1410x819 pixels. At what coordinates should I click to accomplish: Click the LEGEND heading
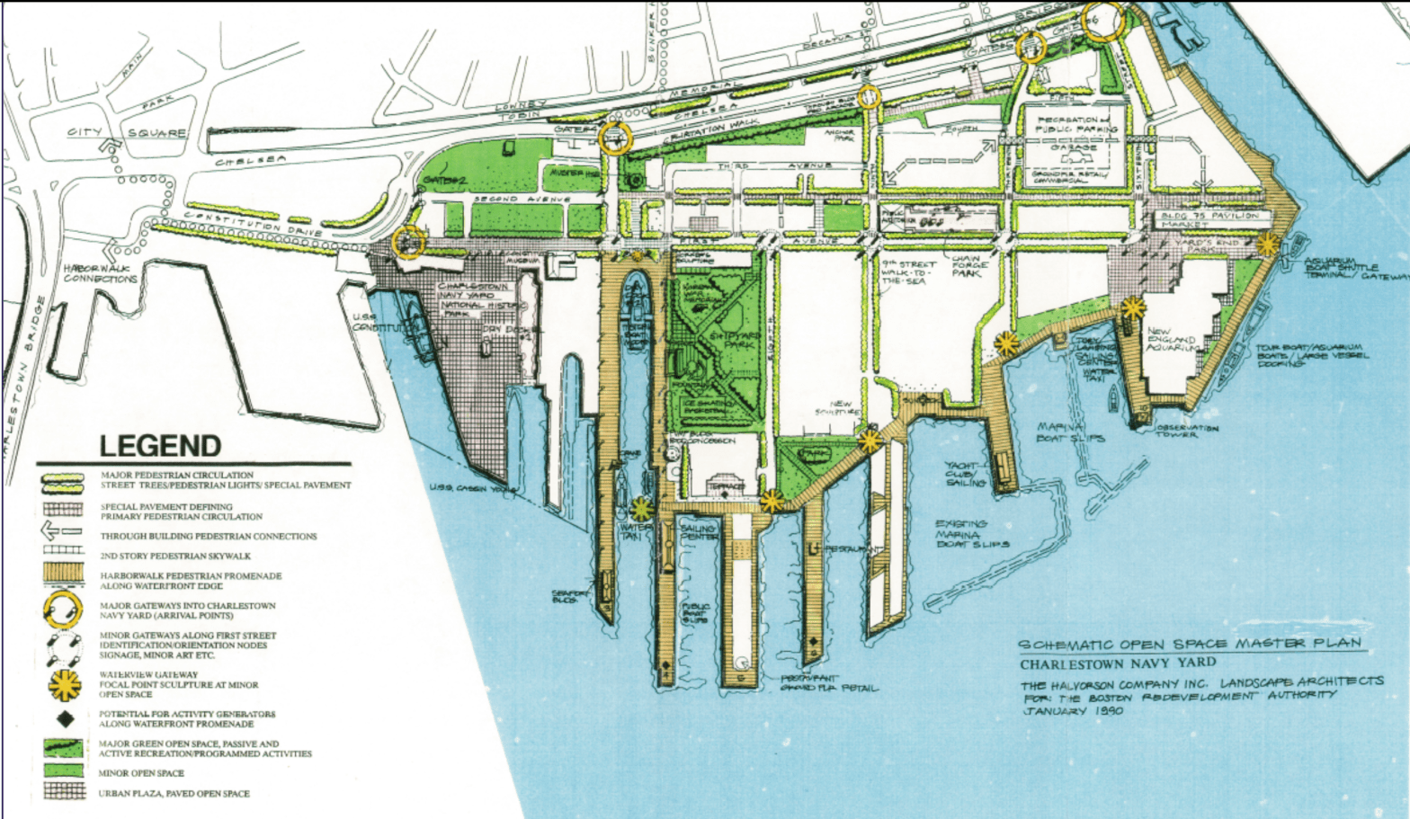point(160,446)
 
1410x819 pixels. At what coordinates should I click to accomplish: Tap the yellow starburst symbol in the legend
point(64,685)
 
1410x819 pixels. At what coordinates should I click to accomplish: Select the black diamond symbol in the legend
point(64,719)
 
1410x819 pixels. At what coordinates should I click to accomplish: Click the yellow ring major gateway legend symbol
point(64,611)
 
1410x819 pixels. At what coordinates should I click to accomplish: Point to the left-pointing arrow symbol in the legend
point(63,533)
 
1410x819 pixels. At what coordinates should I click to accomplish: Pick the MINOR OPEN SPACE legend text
point(142,773)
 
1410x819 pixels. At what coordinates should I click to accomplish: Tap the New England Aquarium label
point(1172,340)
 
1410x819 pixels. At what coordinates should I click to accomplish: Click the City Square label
point(128,133)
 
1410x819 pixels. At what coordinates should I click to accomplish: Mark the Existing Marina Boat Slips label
point(972,534)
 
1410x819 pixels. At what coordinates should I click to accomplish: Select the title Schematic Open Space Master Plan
point(1189,645)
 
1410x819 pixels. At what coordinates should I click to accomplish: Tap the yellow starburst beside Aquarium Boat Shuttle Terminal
point(1269,243)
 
